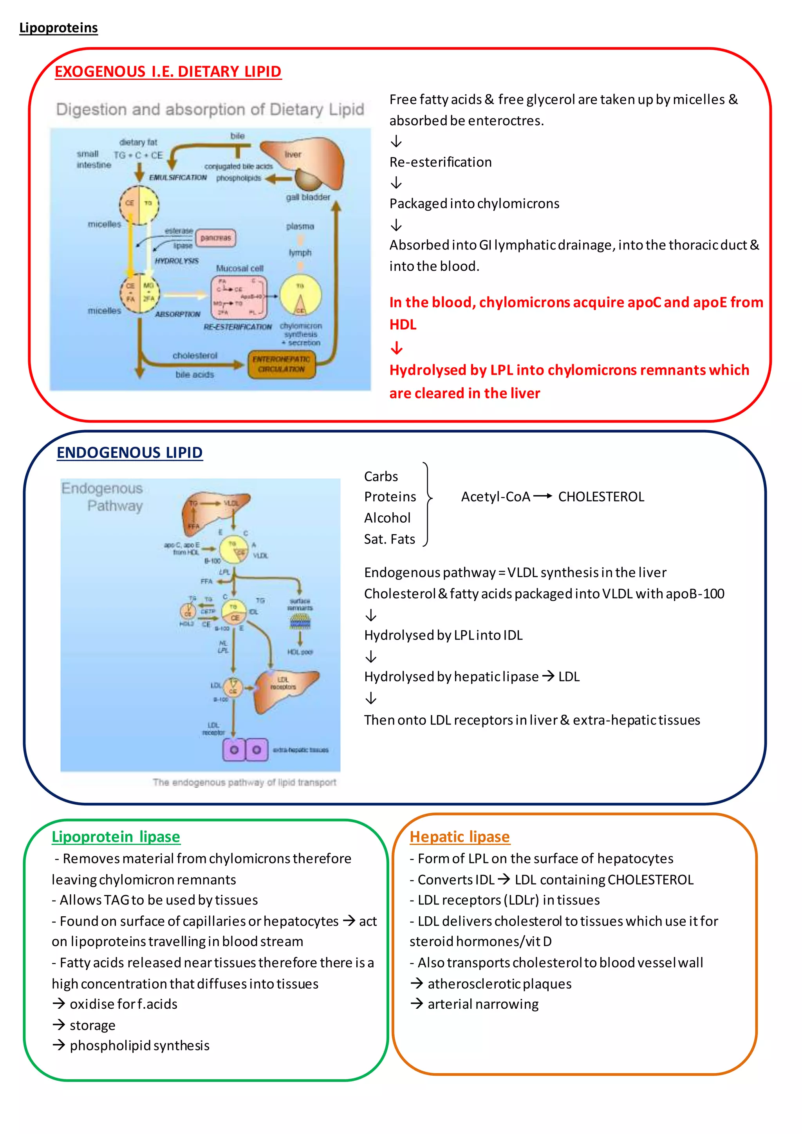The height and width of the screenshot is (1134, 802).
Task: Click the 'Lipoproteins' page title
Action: pos(58,28)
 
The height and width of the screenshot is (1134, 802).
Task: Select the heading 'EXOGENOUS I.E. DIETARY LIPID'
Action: pos(168,72)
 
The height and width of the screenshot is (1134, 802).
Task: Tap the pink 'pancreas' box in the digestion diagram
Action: pos(215,238)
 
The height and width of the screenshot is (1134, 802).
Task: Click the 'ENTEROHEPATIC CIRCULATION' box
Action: pos(281,365)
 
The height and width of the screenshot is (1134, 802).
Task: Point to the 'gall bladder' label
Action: pos(308,197)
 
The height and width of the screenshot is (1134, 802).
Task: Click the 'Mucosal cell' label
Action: pos(240,268)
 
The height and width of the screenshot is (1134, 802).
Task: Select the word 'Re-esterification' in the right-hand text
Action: pos(441,163)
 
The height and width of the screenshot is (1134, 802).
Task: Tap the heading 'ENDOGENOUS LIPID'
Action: pos(129,453)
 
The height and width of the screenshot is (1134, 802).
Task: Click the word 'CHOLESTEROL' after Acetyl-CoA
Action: pos(601,497)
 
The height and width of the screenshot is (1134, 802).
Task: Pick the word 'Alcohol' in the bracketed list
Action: pos(387,518)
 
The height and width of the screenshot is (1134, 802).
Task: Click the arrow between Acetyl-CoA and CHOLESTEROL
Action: pos(543,497)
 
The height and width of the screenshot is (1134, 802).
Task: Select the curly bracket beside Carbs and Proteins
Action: pos(428,504)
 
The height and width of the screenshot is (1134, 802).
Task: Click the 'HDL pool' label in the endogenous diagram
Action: pos(300,652)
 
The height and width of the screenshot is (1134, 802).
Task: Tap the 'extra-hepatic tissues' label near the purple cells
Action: pos(301,750)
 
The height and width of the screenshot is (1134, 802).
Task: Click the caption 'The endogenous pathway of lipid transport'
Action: pos(244,782)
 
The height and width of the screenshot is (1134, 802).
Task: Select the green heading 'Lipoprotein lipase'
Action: pos(116,837)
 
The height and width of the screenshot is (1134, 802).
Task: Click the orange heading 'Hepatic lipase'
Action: pos(459,837)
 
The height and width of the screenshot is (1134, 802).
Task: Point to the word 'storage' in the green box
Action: pos(92,1026)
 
